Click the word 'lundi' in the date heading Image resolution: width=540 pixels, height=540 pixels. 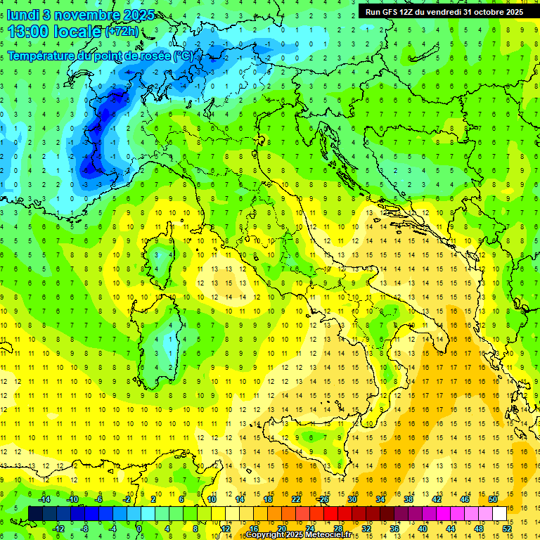pos(23,15)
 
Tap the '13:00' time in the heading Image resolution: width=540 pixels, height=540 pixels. pos(28,32)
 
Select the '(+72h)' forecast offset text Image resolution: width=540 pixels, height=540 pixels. pos(122,32)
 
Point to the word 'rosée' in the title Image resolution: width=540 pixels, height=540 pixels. pos(153,55)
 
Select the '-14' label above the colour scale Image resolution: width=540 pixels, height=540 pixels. pos(44,499)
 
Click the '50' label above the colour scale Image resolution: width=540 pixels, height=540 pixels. pos(493,499)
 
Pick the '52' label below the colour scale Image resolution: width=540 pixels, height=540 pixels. pos(507,528)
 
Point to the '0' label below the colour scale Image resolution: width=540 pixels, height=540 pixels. pos(139,528)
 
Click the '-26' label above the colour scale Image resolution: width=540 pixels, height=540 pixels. pos(323,499)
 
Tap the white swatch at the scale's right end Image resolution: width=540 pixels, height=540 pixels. pos(499,513)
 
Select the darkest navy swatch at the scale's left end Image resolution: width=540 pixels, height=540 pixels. pos(35,513)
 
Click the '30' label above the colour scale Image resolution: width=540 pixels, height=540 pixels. pos(352,499)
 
